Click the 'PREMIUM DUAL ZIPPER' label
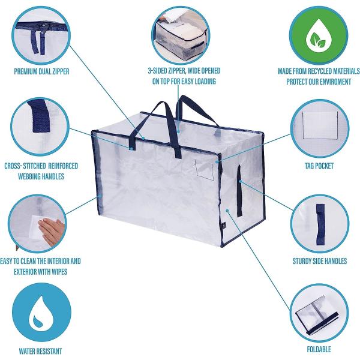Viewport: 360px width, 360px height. (41, 71)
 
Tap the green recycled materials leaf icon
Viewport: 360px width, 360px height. (319, 35)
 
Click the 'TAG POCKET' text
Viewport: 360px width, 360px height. (319, 166)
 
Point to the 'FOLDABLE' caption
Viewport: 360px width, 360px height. (319, 349)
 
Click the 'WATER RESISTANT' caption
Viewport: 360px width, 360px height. (40, 351)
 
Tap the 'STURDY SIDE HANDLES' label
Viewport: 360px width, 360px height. (320, 261)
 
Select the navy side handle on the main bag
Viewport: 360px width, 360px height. (239, 191)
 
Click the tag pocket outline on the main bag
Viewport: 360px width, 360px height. (205, 169)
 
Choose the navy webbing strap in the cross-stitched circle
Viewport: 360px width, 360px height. (40, 116)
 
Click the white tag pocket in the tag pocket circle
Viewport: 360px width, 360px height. (320, 125)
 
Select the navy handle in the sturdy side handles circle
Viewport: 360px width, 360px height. (320, 223)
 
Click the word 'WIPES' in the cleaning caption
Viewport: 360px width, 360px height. (59, 272)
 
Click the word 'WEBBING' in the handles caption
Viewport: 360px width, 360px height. (29, 176)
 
